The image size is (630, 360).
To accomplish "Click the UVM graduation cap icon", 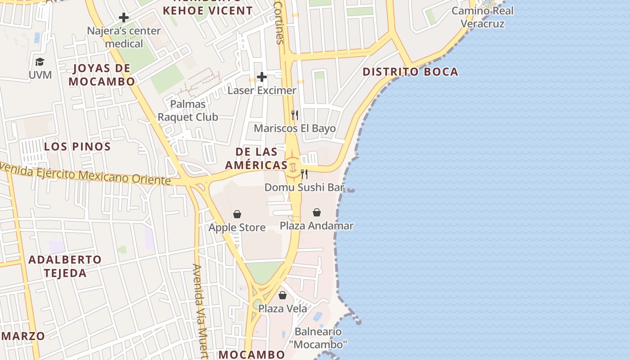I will pos(40,62).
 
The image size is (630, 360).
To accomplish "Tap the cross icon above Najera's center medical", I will pos(124,18).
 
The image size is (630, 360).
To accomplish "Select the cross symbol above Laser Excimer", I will pos(262,77).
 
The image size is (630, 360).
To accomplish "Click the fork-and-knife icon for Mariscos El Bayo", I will pos(295,115).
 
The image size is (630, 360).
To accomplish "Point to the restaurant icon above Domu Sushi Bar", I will pos(304,174).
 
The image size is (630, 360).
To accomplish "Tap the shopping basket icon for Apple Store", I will pos(237,214).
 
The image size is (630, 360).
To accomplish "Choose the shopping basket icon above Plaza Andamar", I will pos(317,212).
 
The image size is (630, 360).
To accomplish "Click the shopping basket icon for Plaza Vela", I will pos(283,295).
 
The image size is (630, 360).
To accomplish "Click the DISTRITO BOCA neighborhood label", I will pos(410,72).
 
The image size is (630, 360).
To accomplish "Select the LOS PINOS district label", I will pos(77,146).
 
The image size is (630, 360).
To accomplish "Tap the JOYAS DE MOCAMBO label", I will pos(102,75).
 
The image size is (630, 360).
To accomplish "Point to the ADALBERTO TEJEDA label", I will pos(65,266).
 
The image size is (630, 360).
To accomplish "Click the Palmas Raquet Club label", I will pos(188,111).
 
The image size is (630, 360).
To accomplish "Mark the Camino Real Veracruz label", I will pos(482,17).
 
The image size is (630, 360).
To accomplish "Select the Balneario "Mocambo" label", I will pos(321,338).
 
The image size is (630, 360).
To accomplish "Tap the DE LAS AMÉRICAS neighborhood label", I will pos(256,158).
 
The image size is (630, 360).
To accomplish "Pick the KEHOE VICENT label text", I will pos(207,10).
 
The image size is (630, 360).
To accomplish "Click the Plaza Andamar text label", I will pos(317,225).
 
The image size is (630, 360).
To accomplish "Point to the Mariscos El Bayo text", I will pos(295,128).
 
